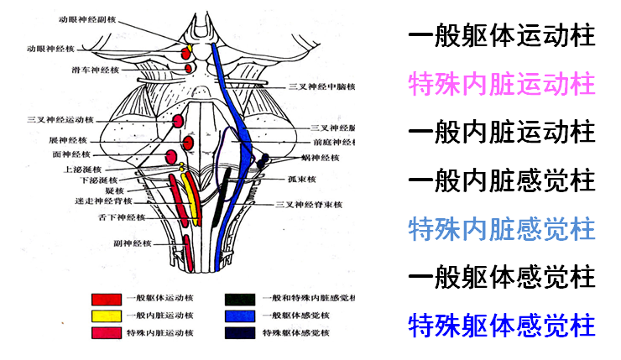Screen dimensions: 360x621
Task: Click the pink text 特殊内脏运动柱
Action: tap(502, 84)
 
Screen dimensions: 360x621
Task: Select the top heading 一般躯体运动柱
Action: tap(502, 37)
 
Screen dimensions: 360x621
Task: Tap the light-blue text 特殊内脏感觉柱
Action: tap(502, 228)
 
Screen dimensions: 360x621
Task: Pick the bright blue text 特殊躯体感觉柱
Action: tap(502, 324)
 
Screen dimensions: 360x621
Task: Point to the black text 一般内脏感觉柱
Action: tap(502, 180)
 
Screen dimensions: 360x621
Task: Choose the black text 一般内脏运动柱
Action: tap(502, 132)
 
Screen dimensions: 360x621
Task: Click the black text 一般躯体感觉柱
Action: tap(502, 276)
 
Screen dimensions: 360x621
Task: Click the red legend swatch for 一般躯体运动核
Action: tap(107, 299)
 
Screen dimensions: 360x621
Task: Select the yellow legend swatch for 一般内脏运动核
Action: tap(107, 316)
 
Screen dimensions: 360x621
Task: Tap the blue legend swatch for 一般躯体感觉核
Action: tap(240, 316)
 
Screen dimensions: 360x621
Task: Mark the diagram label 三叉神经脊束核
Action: tap(316, 204)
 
